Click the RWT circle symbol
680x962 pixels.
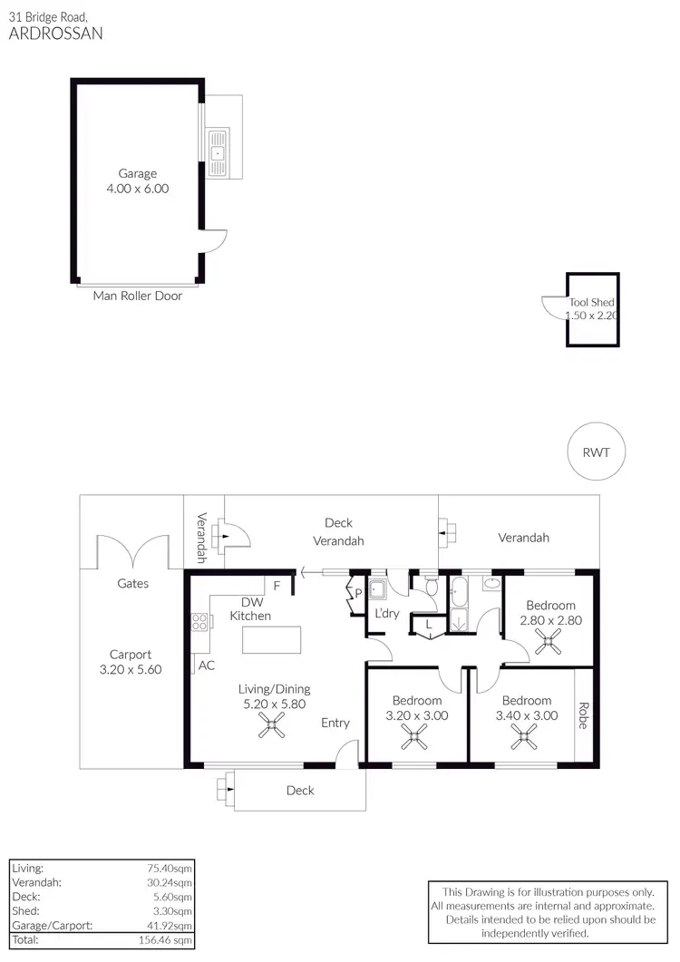tap(596, 452)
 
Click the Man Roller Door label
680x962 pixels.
tap(138, 296)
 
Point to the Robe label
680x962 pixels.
tap(583, 715)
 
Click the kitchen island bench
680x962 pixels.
tap(271, 639)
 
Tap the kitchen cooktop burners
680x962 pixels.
tap(198, 621)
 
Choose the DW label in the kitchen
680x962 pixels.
tap(251, 602)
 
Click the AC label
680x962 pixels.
tap(207, 665)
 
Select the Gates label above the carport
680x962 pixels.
tap(133, 583)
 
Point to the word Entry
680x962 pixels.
tap(335, 723)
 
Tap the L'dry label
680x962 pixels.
tap(387, 614)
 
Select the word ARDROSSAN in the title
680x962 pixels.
tap(56, 34)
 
